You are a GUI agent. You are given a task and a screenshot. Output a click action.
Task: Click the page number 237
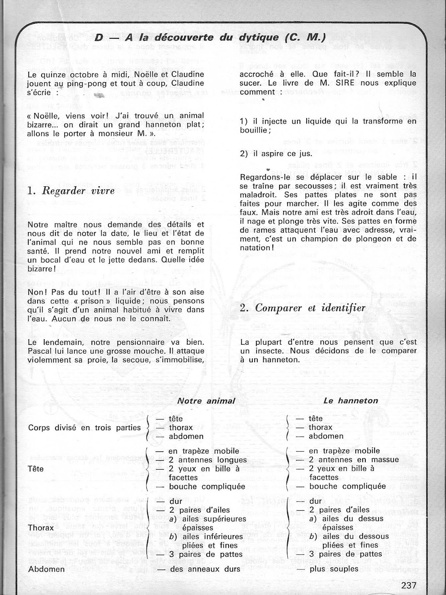coord(408,585)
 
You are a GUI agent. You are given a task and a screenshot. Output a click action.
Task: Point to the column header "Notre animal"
coord(206,401)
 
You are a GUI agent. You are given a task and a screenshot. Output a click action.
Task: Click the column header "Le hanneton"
coord(350,401)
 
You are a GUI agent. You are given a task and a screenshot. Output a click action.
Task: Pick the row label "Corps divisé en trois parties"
coord(84,428)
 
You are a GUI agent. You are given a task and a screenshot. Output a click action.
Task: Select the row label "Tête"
coord(36,469)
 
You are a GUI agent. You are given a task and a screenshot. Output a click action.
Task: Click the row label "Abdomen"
coord(46,569)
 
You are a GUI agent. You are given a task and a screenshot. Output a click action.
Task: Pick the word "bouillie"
coord(254,130)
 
